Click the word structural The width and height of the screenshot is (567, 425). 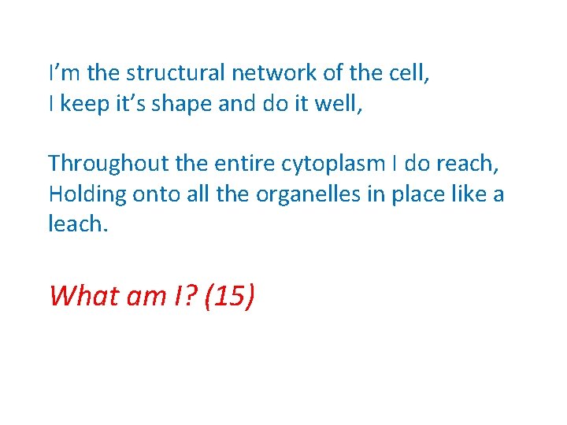[x=176, y=74]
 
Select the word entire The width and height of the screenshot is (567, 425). [x=248, y=164]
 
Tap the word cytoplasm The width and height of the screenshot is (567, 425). [x=339, y=164]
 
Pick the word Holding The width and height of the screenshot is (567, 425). [x=86, y=194]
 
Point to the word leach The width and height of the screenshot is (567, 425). [x=75, y=224]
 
